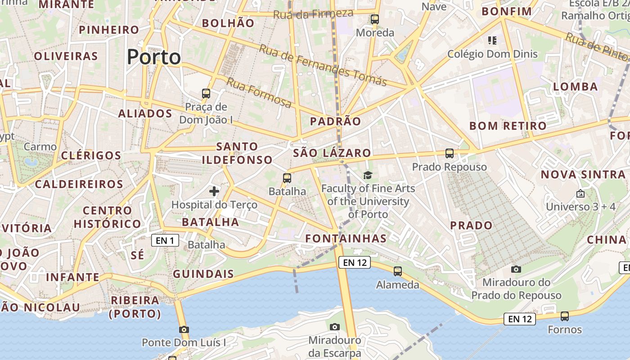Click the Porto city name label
click(x=153, y=57)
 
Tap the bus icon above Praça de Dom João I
click(x=206, y=94)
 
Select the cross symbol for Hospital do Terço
click(x=214, y=191)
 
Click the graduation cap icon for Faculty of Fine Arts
click(x=368, y=175)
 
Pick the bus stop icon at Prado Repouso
click(x=449, y=153)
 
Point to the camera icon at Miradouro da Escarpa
click(x=334, y=327)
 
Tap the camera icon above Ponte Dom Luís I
click(x=184, y=329)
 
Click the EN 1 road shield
click(x=165, y=241)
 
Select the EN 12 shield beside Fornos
click(x=520, y=319)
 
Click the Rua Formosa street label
click(x=258, y=92)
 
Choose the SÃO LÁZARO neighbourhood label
click(x=332, y=153)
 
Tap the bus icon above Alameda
click(x=397, y=271)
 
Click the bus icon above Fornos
click(x=565, y=316)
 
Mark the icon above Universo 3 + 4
click(x=580, y=194)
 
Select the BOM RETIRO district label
click(x=508, y=126)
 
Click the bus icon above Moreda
click(x=374, y=19)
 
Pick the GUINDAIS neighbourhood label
click(x=203, y=274)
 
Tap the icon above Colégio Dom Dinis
click(x=492, y=41)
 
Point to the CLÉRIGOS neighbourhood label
click(x=91, y=156)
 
